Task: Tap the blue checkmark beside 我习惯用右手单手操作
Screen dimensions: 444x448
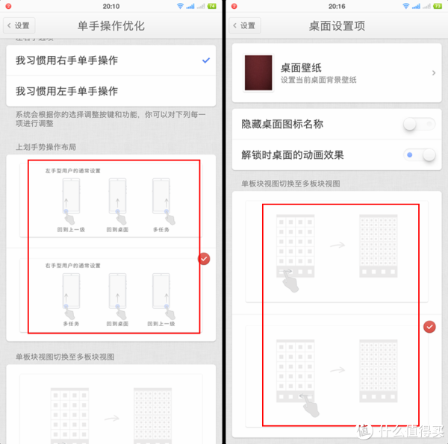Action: tap(205, 60)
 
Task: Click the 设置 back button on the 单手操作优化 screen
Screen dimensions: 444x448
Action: tap(18, 25)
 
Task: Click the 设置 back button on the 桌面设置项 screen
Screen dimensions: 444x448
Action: tap(244, 25)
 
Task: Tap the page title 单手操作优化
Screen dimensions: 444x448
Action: tap(111, 25)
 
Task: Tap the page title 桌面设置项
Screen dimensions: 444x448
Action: tap(337, 25)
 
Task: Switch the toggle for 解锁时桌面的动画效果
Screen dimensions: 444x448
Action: tap(419, 155)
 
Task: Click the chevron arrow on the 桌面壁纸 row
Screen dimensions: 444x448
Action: tap(434, 73)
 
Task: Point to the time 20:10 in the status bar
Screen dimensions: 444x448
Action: tap(111, 5)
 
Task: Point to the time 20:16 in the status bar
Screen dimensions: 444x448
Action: tap(337, 5)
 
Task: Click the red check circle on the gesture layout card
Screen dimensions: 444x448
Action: tap(204, 258)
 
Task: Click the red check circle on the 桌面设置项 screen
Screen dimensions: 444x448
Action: tap(429, 327)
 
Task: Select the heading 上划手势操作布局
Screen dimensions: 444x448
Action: tap(46, 146)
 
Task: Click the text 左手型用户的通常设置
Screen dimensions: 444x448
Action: tap(72, 171)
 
